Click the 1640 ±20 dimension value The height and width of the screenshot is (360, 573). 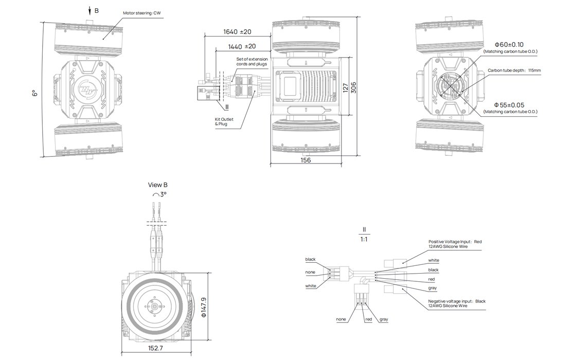[x=237, y=32]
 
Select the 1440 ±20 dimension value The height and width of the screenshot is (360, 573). [x=242, y=46]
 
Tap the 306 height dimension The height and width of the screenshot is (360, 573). [x=353, y=88]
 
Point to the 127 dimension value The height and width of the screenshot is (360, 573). [x=345, y=88]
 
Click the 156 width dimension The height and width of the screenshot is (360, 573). [x=306, y=160]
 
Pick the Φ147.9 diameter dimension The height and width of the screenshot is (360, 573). [x=204, y=307]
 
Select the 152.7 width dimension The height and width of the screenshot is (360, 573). [x=155, y=348]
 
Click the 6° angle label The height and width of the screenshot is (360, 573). [x=35, y=93]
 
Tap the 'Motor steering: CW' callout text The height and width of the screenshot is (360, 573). [x=142, y=13]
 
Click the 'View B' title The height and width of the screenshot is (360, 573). [x=158, y=185]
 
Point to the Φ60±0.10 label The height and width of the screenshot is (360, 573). [x=509, y=45]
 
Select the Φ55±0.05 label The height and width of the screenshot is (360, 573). [x=509, y=105]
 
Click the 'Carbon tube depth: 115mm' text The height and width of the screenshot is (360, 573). [x=514, y=70]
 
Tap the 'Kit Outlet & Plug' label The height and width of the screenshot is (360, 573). [x=224, y=122]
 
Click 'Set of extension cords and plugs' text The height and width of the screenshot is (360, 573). [x=252, y=61]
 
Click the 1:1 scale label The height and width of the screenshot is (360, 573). [x=364, y=239]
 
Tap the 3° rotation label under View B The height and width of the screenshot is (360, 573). [x=159, y=194]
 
